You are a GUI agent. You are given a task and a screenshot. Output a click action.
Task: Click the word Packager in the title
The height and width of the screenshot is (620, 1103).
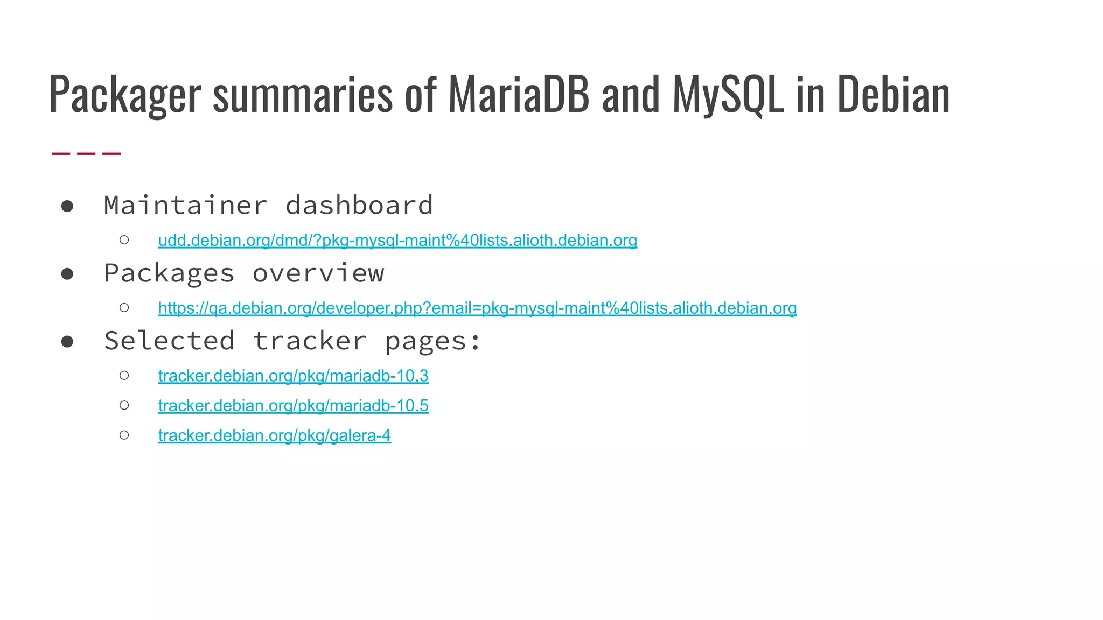click(x=125, y=95)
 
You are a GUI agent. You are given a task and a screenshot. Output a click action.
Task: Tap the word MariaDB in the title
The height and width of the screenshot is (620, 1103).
click(x=518, y=95)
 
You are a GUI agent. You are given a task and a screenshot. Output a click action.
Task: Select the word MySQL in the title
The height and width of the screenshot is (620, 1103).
click(x=728, y=95)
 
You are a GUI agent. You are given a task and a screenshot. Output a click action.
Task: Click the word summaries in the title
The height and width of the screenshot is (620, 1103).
click(x=303, y=95)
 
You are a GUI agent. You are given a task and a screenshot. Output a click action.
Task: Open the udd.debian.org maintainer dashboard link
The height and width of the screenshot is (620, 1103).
click(x=397, y=240)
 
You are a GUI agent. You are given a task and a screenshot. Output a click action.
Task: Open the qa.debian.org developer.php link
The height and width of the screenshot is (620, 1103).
click(x=477, y=308)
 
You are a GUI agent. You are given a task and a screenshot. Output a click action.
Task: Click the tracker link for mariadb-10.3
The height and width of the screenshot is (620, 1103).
click(x=293, y=376)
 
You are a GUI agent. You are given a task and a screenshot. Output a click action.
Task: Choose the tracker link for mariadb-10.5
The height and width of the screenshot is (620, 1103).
click(x=293, y=406)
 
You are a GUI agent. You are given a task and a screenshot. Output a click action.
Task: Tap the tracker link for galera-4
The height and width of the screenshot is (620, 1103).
click(x=274, y=435)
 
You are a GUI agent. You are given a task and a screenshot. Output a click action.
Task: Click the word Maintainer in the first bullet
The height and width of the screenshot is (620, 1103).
click(x=185, y=205)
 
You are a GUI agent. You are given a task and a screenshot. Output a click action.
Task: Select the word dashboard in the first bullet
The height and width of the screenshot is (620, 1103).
click(x=359, y=205)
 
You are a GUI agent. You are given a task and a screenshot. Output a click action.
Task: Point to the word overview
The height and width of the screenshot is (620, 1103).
click(x=318, y=273)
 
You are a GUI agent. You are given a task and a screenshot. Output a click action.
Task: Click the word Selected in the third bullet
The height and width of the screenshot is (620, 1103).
click(x=169, y=341)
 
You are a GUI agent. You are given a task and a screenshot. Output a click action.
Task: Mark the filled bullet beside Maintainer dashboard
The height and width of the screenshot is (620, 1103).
click(x=67, y=206)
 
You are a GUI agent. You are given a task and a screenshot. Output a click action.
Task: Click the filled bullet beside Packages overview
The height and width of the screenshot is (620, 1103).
click(x=67, y=274)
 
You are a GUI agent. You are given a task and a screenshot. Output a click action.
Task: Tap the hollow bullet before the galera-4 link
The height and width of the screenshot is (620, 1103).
click(x=124, y=435)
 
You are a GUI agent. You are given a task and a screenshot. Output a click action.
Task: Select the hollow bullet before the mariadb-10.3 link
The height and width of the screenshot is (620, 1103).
click(x=124, y=375)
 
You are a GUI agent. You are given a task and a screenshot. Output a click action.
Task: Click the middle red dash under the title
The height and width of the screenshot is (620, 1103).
click(x=86, y=154)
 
